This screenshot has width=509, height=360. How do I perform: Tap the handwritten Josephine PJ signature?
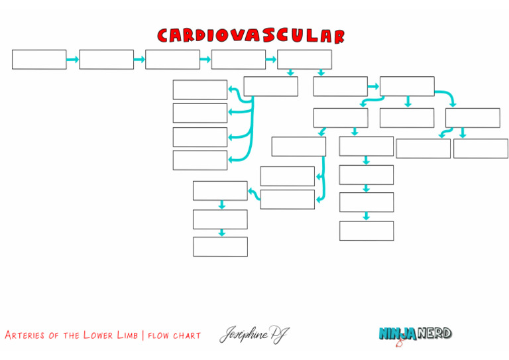point(254,335)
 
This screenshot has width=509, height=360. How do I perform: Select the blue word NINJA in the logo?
point(397,333)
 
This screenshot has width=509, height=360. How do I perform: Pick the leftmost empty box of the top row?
point(39,59)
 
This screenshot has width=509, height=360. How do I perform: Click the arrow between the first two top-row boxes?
point(72,60)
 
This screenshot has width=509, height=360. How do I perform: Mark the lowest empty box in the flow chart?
point(220,247)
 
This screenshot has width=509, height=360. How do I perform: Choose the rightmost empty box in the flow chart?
point(481,149)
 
